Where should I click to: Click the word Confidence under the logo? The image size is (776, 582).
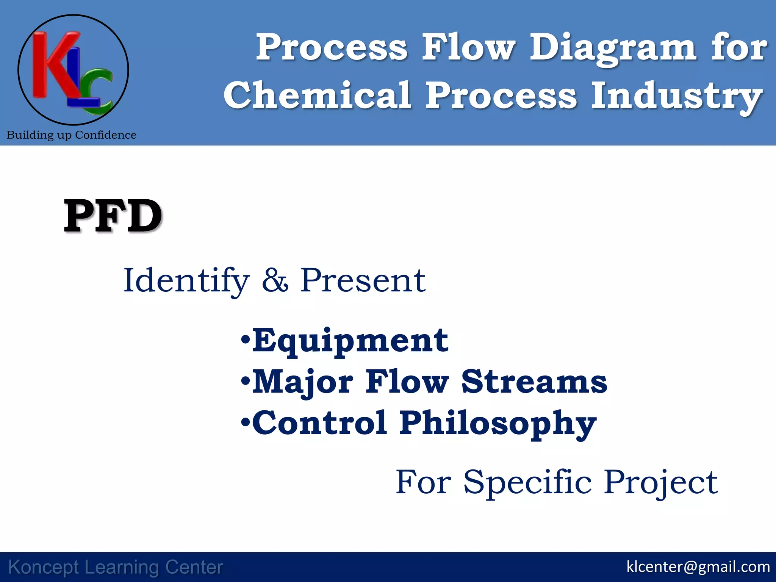click(106, 135)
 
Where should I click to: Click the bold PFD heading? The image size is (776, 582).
click(113, 216)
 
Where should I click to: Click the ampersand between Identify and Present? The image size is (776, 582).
click(275, 281)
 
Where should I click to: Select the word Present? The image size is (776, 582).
click(363, 281)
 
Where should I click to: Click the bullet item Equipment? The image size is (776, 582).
click(350, 341)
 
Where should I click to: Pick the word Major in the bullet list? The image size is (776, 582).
click(302, 382)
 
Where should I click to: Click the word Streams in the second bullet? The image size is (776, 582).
click(534, 382)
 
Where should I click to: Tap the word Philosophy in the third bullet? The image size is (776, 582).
click(498, 424)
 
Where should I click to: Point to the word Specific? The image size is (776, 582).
click(527, 483)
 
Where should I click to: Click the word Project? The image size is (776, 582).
click(660, 483)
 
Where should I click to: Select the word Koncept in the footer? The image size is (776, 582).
click(44, 567)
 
